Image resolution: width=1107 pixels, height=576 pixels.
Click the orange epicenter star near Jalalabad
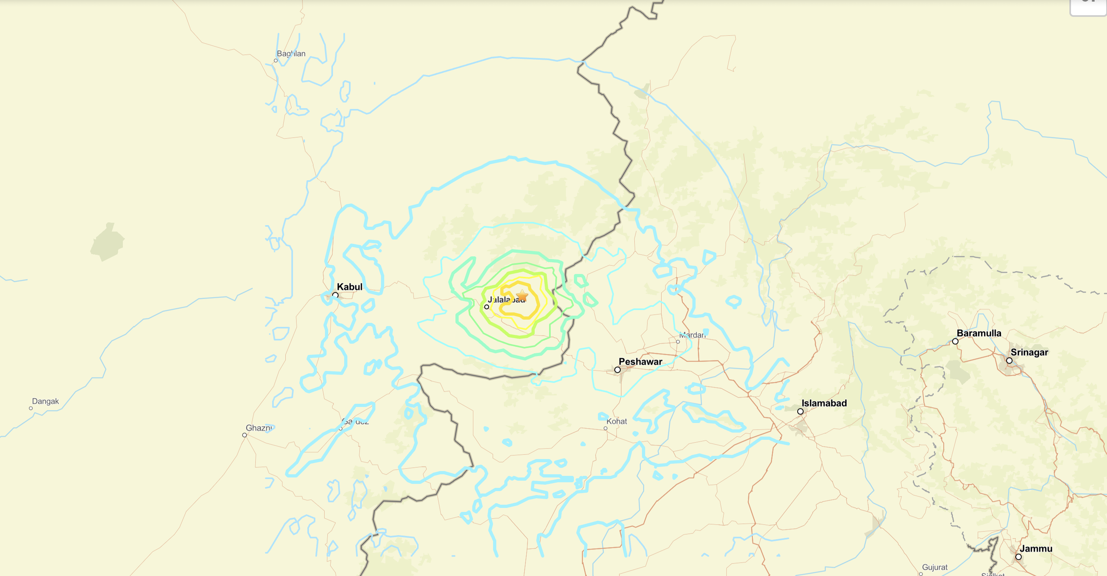point(522,296)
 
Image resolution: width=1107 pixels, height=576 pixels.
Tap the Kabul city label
point(349,287)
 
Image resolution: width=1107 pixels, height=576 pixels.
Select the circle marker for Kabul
point(335,295)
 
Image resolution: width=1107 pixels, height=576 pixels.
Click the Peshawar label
point(640,362)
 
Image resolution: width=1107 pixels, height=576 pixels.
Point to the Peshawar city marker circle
point(618,370)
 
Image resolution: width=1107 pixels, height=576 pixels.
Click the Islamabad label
point(824,403)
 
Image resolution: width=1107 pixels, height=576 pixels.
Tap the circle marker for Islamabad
point(800,411)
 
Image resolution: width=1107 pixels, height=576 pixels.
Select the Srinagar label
point(1029,352)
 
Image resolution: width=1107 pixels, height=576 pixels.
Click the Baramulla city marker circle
point(955,341)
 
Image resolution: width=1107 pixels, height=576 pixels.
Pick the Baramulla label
point(979,333)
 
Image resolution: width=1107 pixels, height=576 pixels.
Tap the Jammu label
point(1036,548)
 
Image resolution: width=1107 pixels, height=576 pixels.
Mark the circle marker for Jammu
point(1019,557)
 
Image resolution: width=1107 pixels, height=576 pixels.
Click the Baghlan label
point(291,54)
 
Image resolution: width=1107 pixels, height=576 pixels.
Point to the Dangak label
point(46,401)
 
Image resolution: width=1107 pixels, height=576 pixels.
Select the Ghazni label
point(259,428)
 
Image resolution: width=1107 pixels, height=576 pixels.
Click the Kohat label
point(617,421)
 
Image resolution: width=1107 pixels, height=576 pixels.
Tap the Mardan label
point(692,335)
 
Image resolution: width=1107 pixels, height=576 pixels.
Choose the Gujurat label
point(935,568)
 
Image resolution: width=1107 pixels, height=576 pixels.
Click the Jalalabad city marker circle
point(486,307)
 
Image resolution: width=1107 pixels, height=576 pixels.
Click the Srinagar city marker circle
point(1009,361)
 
